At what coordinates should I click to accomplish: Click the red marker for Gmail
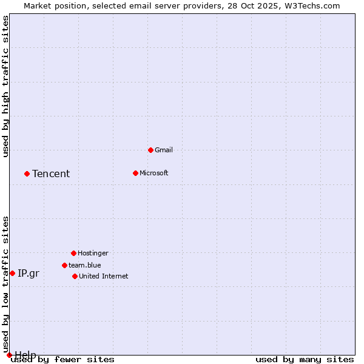coord(150,150)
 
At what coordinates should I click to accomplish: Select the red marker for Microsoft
coord(135,173)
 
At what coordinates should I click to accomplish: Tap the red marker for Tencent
coord(27,174)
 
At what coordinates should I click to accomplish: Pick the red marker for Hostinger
coord(73,253)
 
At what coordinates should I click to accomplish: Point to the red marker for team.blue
coord(64,265)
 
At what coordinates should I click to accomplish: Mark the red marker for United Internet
coord(75,276)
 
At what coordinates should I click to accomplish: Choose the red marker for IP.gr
coord(12,273)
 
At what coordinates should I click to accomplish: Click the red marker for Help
coord(9,355)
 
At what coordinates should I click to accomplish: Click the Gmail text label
coord(163,150)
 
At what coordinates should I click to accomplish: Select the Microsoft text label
coord(153,173)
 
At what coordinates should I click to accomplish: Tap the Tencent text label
coord(51,174)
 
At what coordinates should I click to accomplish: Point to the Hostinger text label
coord(93,253)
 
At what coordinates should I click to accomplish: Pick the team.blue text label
coord(84,265)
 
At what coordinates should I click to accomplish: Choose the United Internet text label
coord(103,276)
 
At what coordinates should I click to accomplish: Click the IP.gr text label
coord(29,273)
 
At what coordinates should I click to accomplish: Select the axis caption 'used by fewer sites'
coord(62,359)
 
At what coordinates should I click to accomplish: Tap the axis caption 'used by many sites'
coord(305,359)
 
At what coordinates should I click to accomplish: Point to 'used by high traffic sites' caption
coord(5,86)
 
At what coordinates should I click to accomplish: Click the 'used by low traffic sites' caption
coord(5,284)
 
